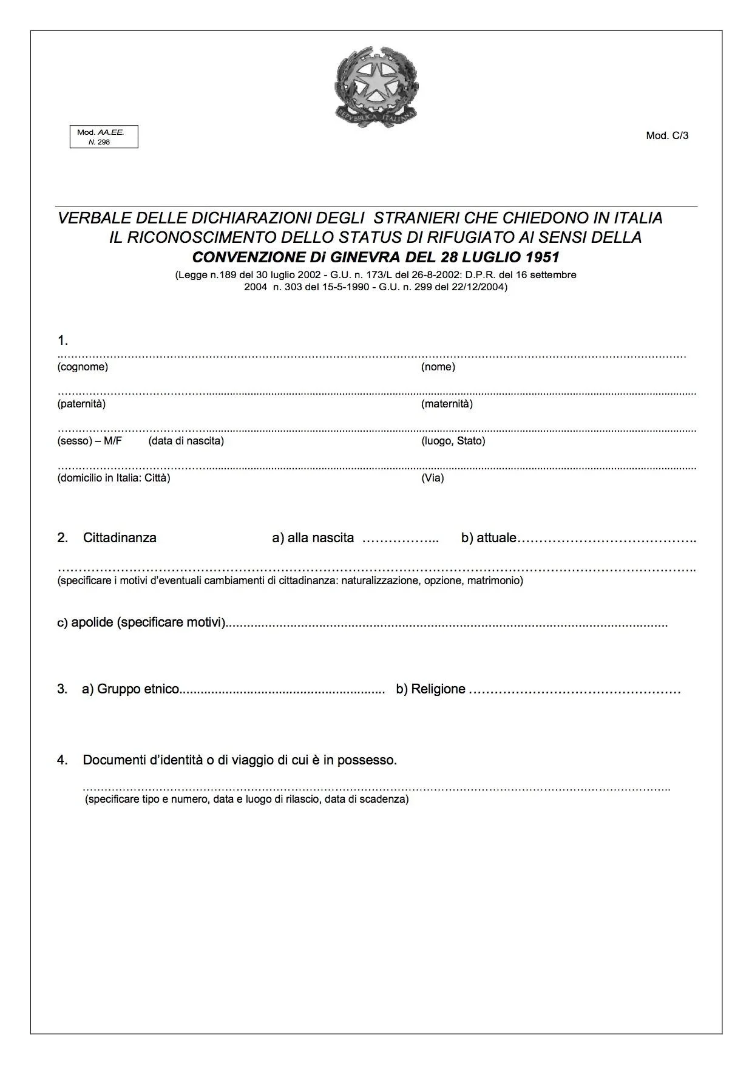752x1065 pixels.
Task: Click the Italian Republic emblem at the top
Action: [376, 85]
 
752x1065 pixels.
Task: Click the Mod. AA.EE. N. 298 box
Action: [104, 137]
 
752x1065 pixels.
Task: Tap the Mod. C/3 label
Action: [667, 135]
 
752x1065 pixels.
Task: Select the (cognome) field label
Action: [83, 367]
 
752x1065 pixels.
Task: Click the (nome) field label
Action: [438, 367]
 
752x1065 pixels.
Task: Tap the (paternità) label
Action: [81, 404]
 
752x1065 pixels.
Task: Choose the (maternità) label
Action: [447, 404]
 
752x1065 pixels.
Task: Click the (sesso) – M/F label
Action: [89, 441]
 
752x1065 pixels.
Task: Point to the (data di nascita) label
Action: [186, 441]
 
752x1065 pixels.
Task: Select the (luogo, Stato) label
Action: [453, 441]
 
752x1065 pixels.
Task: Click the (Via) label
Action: [432, 478]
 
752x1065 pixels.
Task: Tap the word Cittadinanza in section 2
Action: [120, 538]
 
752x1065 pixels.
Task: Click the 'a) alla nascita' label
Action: [313, 538]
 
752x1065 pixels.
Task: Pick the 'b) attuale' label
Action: [489, 538]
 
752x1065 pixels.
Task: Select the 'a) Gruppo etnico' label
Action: [130, 689]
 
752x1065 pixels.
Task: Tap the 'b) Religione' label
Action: [430, 689]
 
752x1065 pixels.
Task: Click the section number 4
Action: [63, 760]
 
